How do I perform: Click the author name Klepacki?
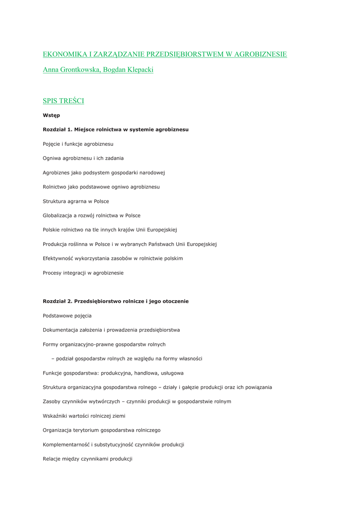click(140, 70)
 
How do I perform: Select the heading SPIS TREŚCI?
click(63, 101)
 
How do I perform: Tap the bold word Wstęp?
click(51, 116)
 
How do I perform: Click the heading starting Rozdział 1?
click(115, 129)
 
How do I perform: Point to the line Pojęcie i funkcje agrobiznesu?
click(78, 144)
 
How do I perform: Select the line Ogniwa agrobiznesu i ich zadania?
click(83, 158)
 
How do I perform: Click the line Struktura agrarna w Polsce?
click(75, 201)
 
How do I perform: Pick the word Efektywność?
click(59, 258)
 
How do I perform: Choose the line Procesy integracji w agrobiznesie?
click(83, 273)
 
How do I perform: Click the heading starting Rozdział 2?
click(115, 301)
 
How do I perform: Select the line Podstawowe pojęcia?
click(67, 316)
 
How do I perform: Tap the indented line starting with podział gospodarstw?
click(127, 359)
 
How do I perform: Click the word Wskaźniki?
click(56, 416)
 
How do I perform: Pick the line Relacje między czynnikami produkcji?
click(87, 459)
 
